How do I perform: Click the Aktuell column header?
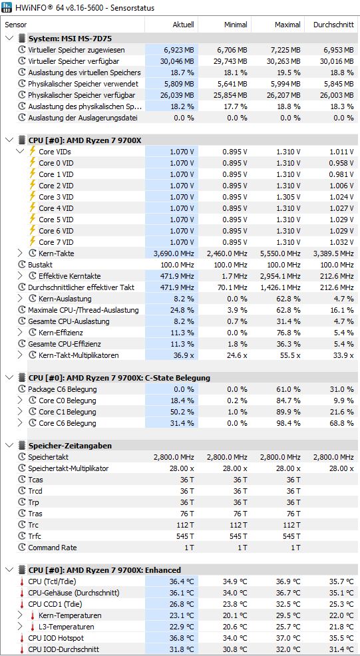click(x=184, y=25)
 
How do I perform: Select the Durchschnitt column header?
click(x=333, y=25)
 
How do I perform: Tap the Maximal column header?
click(x=287, y=25)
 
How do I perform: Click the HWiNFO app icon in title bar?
click(x=7, y=7)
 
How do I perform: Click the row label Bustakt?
click(x=41, y=265)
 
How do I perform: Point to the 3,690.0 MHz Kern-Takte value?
click(x=174, y=253)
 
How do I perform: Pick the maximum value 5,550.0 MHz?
click(x=280, y=253)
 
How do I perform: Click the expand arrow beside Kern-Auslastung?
click(x=20, y=299)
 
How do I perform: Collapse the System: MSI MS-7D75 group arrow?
click(x=9, y=39)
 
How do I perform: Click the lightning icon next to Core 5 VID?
click(x=32, y=220)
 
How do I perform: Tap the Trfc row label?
click(x=35, y=536)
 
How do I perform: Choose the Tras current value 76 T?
click(x=187, y=514)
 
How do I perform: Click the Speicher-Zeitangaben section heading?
click(x=70, y=446)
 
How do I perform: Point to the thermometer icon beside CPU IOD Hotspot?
click(x=22, y=638)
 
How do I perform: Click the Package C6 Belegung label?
click(x=63, y=389)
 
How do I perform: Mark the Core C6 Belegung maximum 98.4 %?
click(x=288, y=423)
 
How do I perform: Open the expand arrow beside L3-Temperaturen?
click(x=20, y=627)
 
